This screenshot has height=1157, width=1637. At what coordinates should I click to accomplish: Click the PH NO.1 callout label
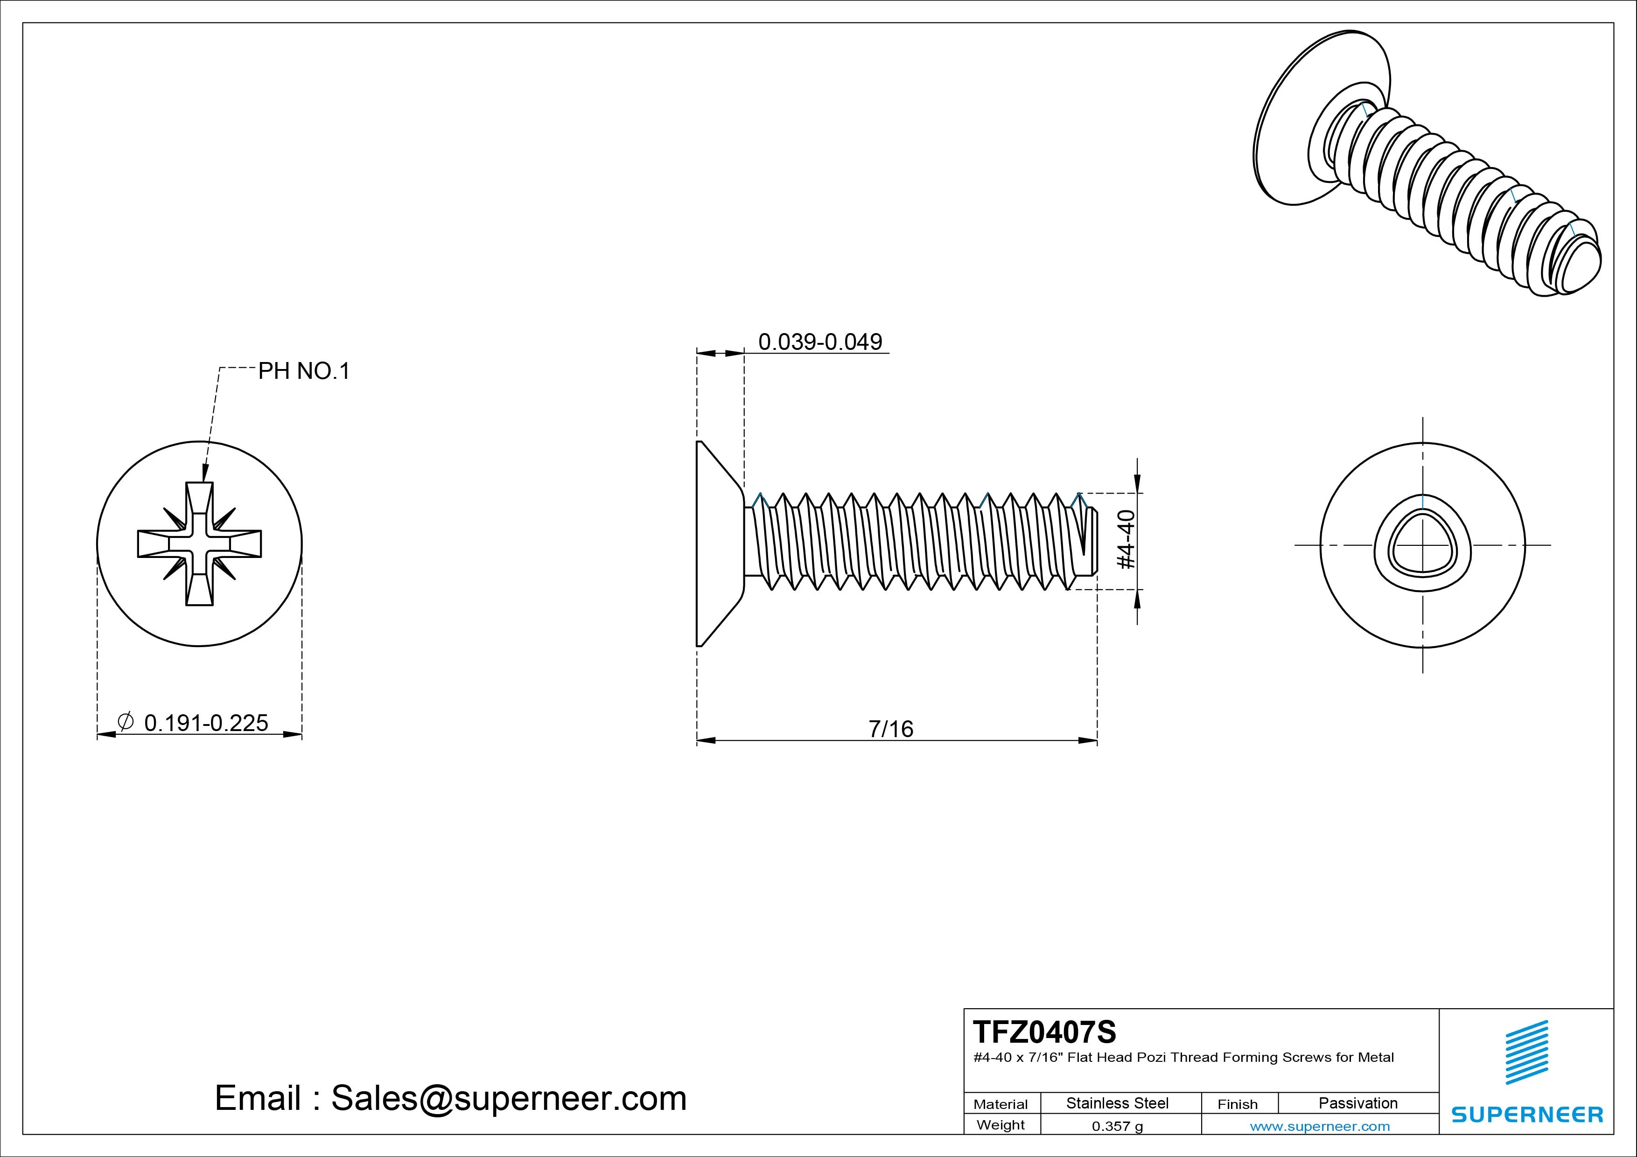[304, 371]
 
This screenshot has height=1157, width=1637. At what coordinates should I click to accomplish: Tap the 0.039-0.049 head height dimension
[820, 342]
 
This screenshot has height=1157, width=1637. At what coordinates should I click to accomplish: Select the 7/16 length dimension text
[890, 729]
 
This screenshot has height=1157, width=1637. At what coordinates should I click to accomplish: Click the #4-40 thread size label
[1126, 540]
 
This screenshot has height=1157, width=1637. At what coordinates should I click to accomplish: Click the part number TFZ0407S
[1044, 1032]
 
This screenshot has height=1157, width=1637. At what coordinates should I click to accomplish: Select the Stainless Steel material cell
[1117, 1103]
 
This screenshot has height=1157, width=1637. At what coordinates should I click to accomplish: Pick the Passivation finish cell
[1357, 1103]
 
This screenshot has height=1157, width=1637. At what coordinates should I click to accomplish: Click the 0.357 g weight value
[1117, 1126]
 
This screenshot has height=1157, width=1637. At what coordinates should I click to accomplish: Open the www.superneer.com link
[1320, 1126]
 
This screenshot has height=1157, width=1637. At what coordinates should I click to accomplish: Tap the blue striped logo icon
[1526, 1052]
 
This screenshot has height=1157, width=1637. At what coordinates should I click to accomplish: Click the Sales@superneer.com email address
[508, 1099]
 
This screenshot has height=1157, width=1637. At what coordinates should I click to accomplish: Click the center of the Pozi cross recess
[200, 544]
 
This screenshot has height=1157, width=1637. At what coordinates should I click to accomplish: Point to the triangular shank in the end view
[1422, 545]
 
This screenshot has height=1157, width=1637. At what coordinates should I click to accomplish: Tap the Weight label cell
[1000, 1125]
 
